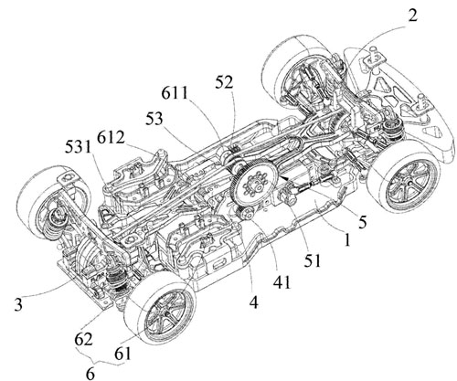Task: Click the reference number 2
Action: point(412,15)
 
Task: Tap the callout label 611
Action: point(175,93)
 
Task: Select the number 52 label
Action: point(224,82)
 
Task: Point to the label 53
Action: point(154,119)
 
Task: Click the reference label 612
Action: point(111,138)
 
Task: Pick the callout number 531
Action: point(78,148)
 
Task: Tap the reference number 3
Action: point(18,304)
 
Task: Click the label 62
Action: point(84,339)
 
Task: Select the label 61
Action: point(122,354)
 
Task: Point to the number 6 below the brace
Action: point(90,373)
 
